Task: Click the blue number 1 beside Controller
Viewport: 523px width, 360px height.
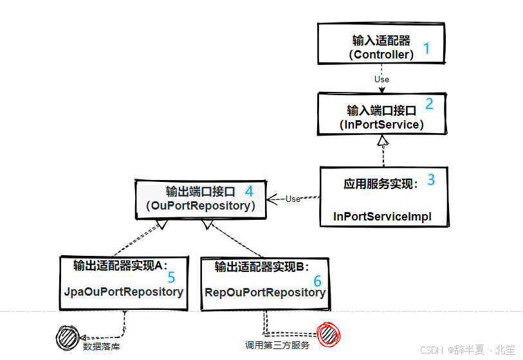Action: point(425,48)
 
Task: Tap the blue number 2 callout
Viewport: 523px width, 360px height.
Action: point(430,103)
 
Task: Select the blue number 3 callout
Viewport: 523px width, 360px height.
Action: point(431,179)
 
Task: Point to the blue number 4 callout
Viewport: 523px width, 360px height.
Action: point(248,191)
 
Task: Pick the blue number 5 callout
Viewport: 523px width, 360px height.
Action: point(171,277)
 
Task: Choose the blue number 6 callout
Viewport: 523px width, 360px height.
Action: point(317,281)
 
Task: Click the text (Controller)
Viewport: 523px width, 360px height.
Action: point(381,55)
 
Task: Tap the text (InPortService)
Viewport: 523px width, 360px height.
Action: point(381,125)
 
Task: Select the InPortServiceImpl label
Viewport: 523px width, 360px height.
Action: point(382,217)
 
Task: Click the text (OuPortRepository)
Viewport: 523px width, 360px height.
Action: point(201,206)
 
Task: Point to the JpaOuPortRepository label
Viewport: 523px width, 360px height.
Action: point(124,292)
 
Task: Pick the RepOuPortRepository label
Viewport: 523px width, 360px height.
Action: point(265,292)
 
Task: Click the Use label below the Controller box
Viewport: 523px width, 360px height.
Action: point(381,80)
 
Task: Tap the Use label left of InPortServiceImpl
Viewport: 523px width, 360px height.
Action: point(293,199)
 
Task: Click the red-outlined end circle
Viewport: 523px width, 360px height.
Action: point(328,334)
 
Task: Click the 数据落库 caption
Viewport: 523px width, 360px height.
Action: point(101,346)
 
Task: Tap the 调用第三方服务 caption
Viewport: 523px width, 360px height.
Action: point(277,345)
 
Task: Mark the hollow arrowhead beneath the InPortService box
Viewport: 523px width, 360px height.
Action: point(383,140)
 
